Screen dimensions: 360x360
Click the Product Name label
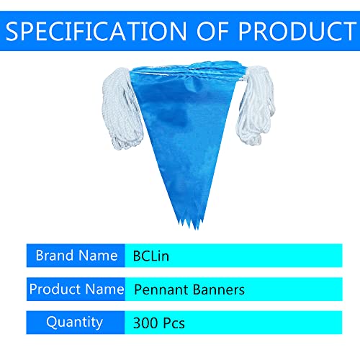click(76, 289)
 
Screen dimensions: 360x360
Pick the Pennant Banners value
click(189, 289)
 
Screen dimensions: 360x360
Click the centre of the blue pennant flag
click(185, 130)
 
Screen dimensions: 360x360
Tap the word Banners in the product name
click(220, 289)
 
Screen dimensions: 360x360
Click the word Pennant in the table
click(160, 289)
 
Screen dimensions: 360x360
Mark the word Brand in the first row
click(55, 255)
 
